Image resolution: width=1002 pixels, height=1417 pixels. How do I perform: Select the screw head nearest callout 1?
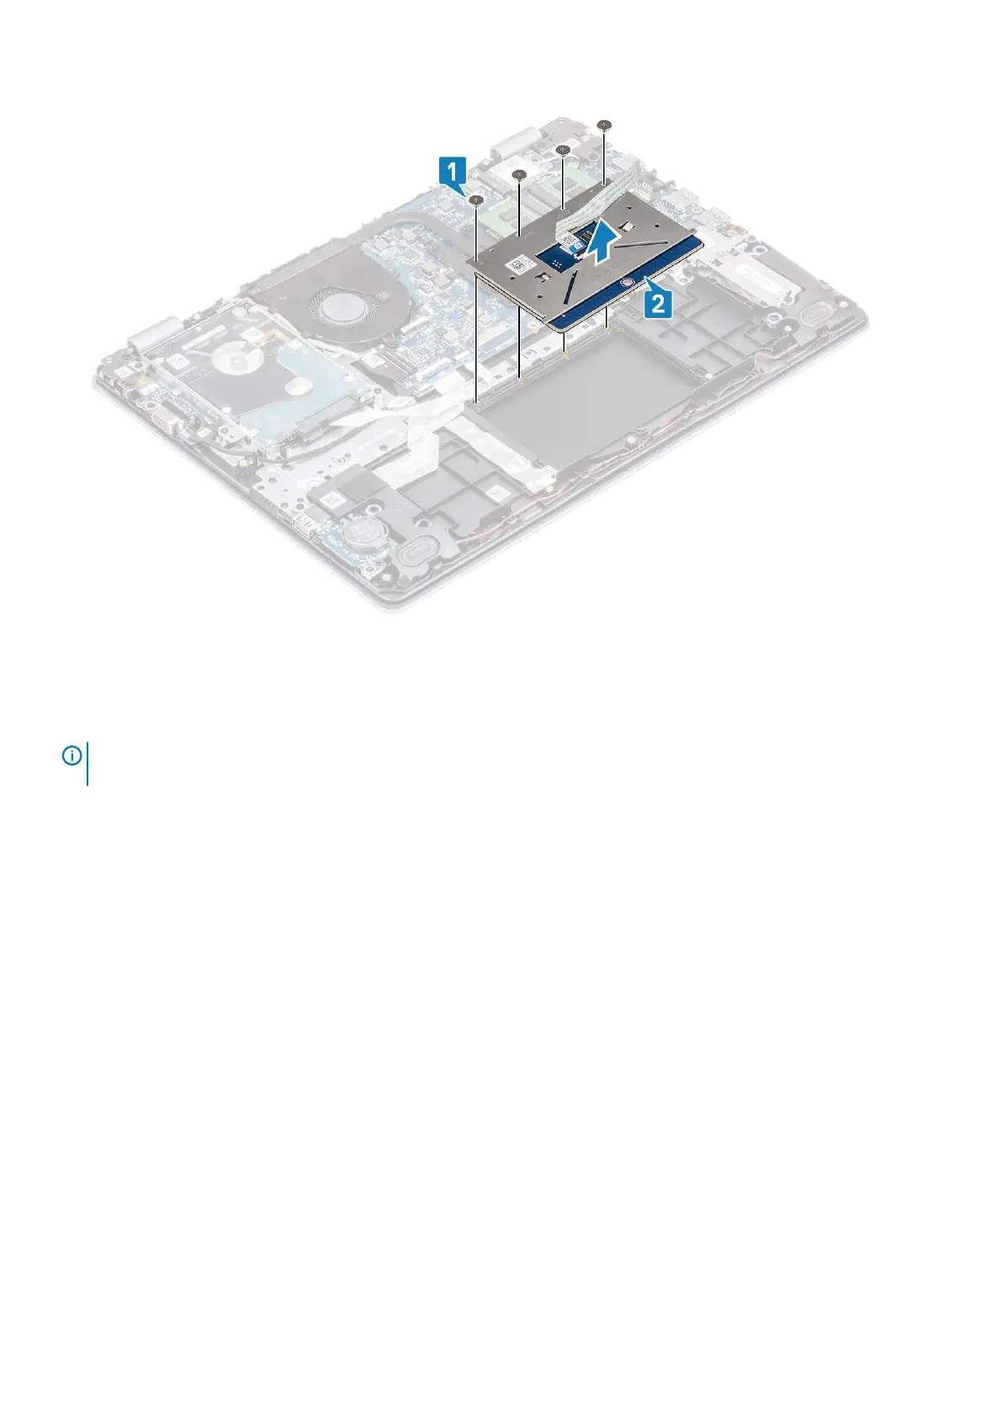tap(477, 200)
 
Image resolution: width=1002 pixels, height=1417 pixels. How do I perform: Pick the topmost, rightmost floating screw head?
tap(604, 125)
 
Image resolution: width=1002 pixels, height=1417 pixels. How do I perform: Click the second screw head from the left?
tap(520, 176)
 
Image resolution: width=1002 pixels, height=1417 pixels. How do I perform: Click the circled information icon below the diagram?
tap(72, 756)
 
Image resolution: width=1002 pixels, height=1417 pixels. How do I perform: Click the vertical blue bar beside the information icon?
tap(87, 763)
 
